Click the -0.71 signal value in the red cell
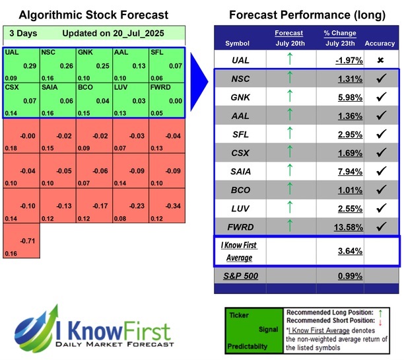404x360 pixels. click(x=28, y=241)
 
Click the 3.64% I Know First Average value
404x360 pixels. click(x=348, y=251)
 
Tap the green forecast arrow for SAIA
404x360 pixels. click(x=288, y=172)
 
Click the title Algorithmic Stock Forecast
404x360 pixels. click(x=93, y=15)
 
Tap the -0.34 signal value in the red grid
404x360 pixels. click(x=174, y=205)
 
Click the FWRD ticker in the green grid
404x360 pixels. click(x=160, y=87)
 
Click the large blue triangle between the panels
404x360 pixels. click(x=199, y=73)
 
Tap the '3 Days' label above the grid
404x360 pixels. click(x=23, y=33)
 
